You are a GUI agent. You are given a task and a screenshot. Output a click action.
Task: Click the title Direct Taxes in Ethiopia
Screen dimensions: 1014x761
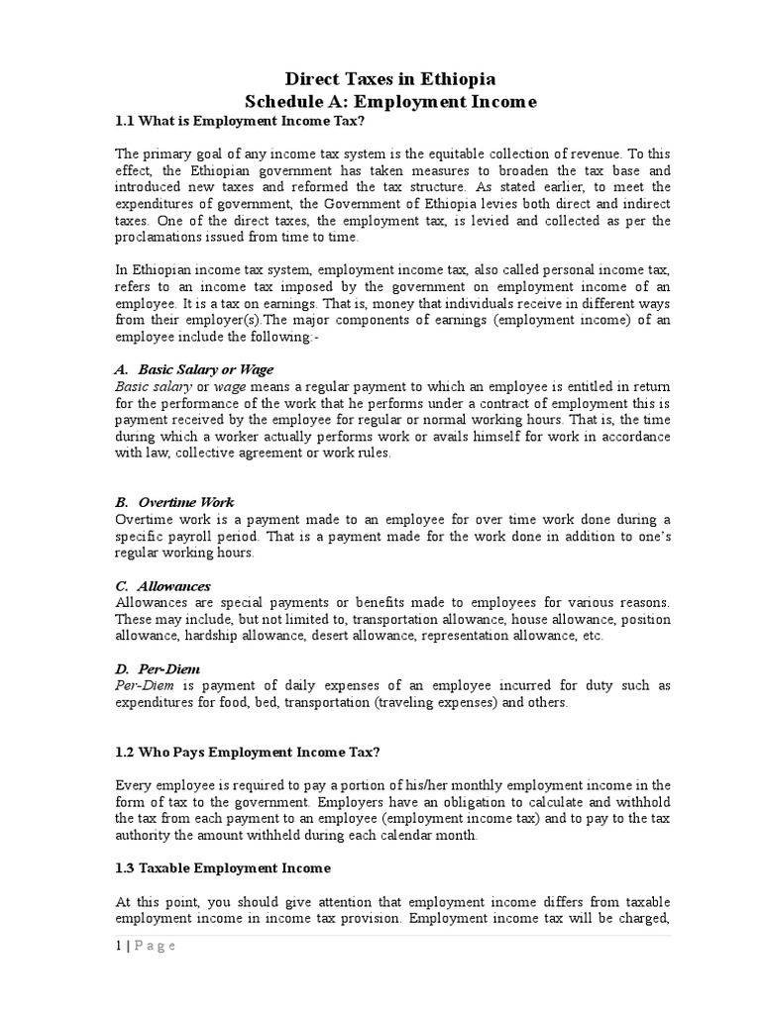point(390,78)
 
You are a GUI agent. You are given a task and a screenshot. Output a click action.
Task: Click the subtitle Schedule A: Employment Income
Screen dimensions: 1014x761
point(390,102)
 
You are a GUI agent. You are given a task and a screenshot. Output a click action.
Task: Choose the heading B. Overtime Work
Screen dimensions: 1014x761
point(174,502)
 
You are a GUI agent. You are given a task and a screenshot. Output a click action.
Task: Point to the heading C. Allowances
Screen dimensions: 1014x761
point(163,586)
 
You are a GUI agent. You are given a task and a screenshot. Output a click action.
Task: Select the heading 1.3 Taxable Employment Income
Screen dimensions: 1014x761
point(223,868)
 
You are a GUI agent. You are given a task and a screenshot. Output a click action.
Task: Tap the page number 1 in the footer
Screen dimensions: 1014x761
point(119,946)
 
